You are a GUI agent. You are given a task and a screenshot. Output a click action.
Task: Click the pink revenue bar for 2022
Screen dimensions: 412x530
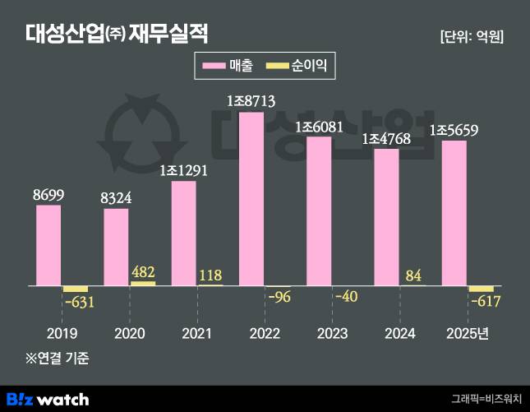251,199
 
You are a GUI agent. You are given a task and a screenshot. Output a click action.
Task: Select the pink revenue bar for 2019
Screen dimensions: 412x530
48,245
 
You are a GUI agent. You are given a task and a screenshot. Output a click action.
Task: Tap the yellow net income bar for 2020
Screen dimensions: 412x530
143,283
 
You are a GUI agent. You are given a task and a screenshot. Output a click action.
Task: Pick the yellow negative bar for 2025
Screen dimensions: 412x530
481,289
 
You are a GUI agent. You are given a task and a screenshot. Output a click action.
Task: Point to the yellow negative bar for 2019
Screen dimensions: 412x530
76,289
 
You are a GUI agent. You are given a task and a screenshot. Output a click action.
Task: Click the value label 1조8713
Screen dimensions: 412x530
251,101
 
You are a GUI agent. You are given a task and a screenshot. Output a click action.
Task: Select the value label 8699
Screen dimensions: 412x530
48,194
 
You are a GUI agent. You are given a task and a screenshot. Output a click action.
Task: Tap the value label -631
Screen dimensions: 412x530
79,302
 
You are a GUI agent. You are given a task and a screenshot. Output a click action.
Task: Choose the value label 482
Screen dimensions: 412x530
143,271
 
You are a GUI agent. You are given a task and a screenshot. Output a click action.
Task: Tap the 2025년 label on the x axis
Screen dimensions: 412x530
468,333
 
